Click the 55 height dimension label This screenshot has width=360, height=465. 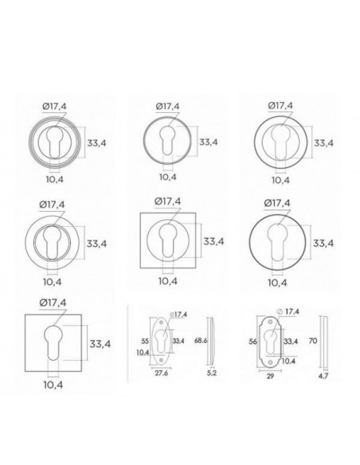[x=145, y=341]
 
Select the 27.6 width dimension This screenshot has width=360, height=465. [x=162, y=373]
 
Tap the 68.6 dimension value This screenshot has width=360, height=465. [x=201, y=341]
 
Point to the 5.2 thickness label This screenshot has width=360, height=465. [x=211, y=373]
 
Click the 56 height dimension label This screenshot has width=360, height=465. [x=252, y=342]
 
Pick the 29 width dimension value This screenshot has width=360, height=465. [x=270, y=376]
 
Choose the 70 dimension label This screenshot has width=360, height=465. [x=313, y=341]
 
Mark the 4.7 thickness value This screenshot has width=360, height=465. [x=323, y=376]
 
